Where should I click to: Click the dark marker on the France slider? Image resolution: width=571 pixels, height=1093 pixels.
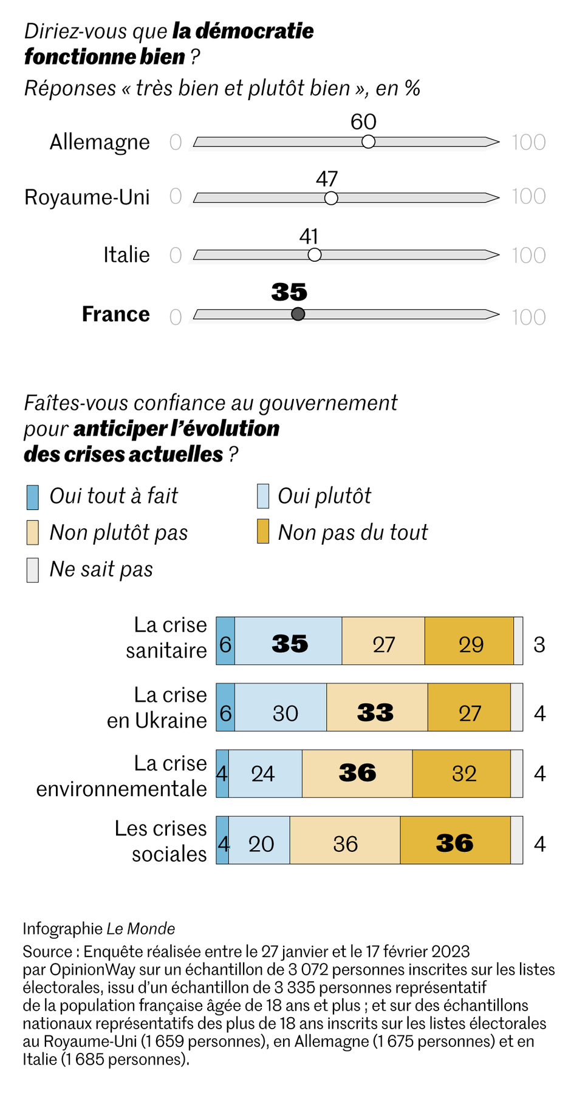click(298, 314)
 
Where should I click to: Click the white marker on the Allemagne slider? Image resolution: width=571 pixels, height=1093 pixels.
click(368, 142)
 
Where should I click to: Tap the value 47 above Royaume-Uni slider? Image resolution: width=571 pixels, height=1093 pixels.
click(327, 179)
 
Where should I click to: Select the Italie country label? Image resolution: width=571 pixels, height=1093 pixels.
click(126, 254)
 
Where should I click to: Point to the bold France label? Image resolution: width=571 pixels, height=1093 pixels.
click(115, 314)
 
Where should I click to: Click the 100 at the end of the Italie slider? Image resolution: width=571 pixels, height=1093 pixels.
click(528, 256)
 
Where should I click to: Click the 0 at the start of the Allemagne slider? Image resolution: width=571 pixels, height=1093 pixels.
click(176, 143)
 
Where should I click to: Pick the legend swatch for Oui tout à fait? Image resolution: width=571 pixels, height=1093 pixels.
click(33, 497)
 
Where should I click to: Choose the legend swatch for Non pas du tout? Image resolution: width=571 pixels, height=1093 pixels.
click(262, 532)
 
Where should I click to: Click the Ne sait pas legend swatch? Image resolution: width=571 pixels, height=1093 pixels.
click(33, 570)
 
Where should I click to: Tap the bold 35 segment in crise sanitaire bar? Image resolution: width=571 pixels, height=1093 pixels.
click(289, 644)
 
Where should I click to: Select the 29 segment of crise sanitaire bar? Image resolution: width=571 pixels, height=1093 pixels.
click(470, 644)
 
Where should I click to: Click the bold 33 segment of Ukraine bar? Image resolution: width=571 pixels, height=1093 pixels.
click(375, 712)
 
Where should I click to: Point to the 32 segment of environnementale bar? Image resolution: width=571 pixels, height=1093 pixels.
click(463, 773)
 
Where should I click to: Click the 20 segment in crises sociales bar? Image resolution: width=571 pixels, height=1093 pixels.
click(261, 843)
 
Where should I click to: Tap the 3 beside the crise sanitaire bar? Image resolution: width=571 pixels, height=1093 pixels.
click(539, 644)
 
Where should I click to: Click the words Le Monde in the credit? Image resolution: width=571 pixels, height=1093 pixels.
click(141, 929)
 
